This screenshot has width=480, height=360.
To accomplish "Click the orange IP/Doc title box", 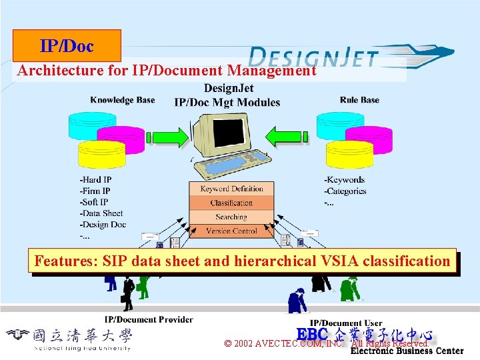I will pyautogui.click(x=67, y=46).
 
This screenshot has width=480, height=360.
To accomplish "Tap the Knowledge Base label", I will pyautogui.click(x=122, y=100).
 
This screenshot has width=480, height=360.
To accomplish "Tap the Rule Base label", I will pyautogui.click(x=359, y=100).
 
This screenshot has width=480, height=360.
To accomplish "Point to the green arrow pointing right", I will pyautogui.click(x=167, y=138).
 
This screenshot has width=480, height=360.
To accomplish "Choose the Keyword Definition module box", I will pyautogui.click(x=231, y=189).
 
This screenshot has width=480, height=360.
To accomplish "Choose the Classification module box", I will pyautogui.click(x=231, y=203).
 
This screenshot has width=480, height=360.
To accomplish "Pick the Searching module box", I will pyautogui.click(x=231, y=217).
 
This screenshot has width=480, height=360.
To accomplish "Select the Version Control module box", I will pyautogui.click(x=231, y=231).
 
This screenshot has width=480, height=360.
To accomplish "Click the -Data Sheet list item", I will pyautogui.click(x=101, y=213).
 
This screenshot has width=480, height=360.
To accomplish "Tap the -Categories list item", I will pyautogui.click(x=345, y=191).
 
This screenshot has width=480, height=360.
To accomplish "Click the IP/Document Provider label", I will pyautogui.click(x=149, y=319).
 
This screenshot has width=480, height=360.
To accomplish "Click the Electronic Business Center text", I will pyautogui.click(x=407, y=351).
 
